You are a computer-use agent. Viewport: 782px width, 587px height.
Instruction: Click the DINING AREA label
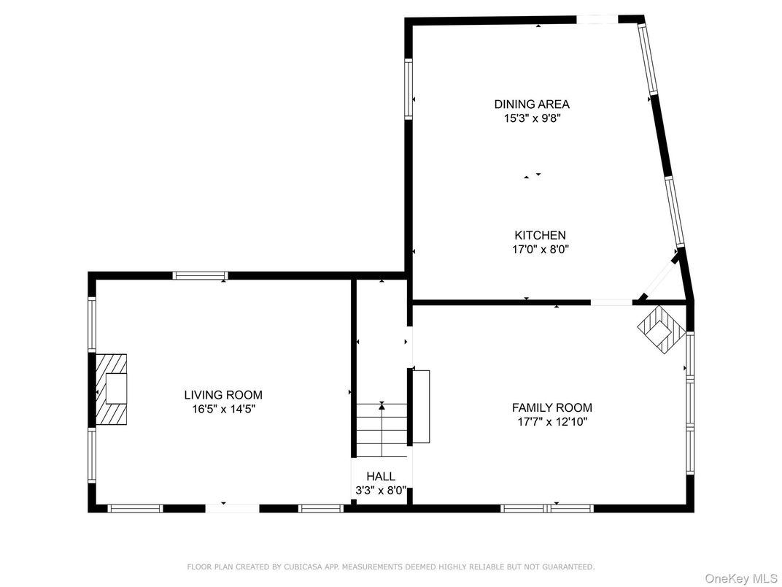531,104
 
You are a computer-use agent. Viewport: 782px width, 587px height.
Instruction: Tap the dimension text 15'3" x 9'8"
531,118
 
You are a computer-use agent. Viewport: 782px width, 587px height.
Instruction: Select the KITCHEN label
540,236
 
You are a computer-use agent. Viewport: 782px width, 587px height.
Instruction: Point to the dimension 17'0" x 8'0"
540,249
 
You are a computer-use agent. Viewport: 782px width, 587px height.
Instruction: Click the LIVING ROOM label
223,396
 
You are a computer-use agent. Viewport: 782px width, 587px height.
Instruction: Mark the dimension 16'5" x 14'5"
223,409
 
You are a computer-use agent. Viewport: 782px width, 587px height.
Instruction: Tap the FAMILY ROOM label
551,408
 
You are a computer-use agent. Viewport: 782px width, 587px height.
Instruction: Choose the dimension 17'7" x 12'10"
551,421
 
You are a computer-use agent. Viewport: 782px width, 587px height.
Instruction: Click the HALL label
381,477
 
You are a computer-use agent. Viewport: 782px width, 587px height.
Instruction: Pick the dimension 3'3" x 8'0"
381,491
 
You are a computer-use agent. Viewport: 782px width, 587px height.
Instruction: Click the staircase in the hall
382,431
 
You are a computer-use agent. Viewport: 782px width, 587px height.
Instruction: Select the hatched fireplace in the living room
111,389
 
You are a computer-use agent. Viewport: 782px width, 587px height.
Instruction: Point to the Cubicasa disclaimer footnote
391,567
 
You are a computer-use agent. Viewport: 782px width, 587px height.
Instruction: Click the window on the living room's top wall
200,276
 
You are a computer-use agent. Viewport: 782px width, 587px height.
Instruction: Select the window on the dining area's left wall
409,88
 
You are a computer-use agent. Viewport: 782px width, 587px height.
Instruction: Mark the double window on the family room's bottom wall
547,507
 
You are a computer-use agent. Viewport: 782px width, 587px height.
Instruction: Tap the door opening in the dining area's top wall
599,20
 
